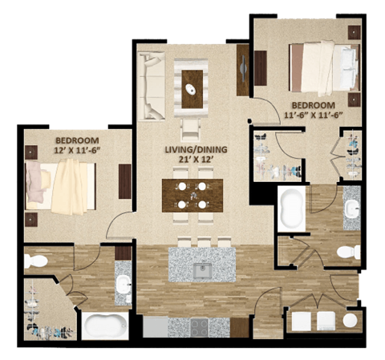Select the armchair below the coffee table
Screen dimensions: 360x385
point(190,127)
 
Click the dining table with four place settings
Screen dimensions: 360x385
point(192,195)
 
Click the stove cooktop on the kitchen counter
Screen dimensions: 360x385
point(197,326)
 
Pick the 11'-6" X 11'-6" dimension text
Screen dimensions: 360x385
point(314,115)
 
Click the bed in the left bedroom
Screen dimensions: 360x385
point(62,185)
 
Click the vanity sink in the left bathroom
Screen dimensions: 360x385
point(123,284)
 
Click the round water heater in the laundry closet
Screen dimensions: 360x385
point(351,320)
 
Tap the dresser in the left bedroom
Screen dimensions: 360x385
point(125,180)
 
